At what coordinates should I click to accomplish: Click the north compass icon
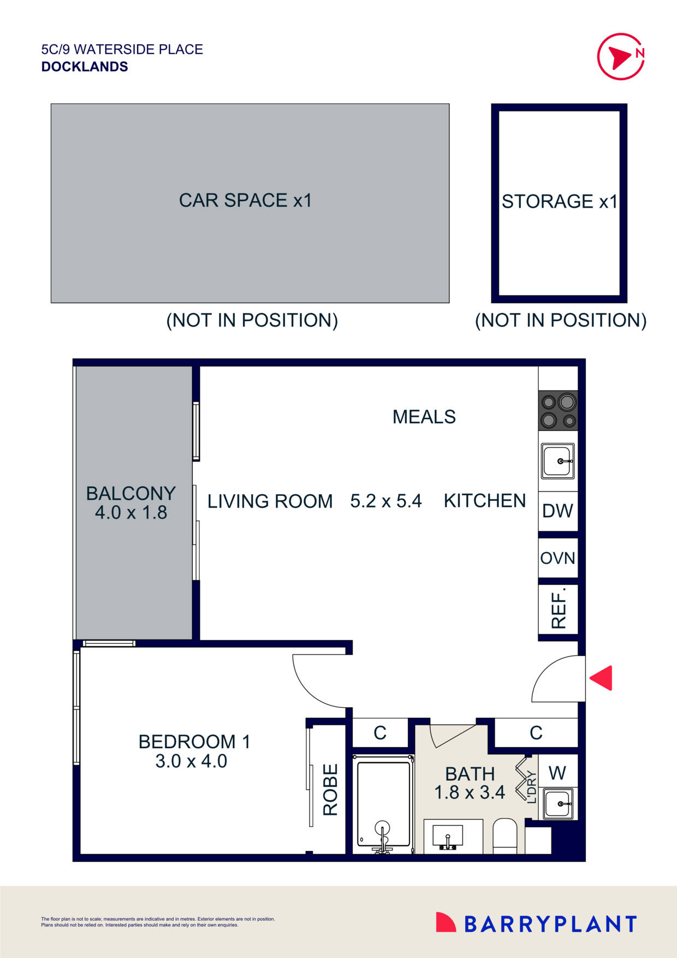[x=621, y=56]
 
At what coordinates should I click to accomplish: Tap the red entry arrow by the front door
[x=602, y=678]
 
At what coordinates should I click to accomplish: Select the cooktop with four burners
[x=558, y=411]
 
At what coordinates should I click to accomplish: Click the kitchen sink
[x=558, y=461]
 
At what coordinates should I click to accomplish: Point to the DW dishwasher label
[x=557, y=511]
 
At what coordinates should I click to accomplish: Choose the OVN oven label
[x=557, y=558]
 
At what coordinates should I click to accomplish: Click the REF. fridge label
[x=559, y=608]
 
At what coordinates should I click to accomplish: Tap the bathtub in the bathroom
[x=383, y=803]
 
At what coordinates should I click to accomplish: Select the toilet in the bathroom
[x=504, y=836]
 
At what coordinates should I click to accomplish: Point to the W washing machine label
[x=557, y=773]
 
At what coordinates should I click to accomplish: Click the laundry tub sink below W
[x=558, y=803]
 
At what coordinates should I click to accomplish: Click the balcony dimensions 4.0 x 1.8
[x=131, y=513]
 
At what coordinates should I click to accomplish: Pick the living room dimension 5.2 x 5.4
[x=385, y=501]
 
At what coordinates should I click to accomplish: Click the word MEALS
[x=424, y=417]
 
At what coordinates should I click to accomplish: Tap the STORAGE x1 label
[x=559, y=202]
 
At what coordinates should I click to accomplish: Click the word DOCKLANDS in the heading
[x=85, y=67]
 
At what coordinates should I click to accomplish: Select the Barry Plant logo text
[x=550, y=924]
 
